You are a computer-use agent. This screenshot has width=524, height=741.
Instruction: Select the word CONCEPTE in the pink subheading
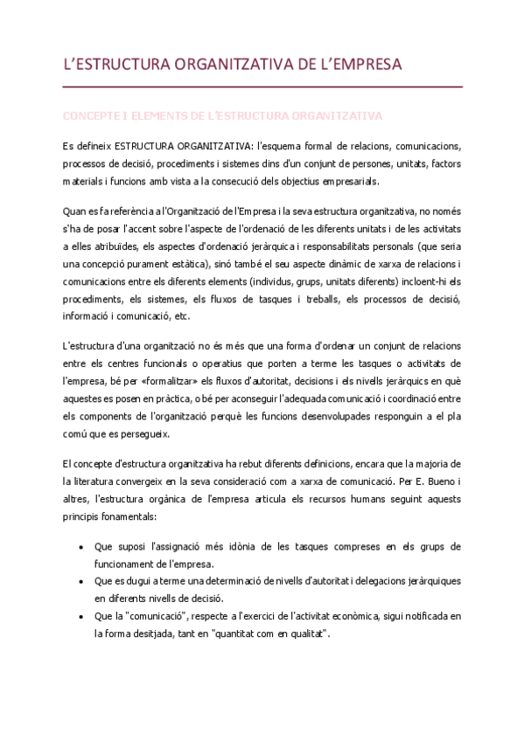coord(92,115)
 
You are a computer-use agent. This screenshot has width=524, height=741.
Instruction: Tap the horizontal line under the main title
coord(262,87)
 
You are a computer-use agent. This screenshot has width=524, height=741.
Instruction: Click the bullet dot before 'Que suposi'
coord(80,546)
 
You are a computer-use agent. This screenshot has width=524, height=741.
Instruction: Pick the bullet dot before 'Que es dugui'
coord(80,581)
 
